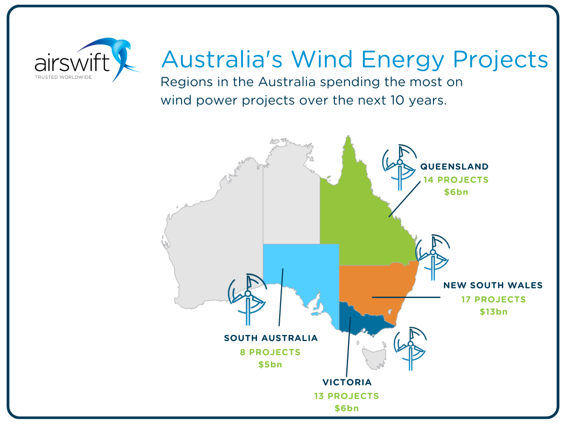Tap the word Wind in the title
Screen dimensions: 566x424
click(322, 59)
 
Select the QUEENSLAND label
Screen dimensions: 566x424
click(454, 167)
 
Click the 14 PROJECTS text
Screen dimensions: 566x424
click(456, 179)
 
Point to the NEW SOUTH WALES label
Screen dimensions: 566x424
click(493, 285)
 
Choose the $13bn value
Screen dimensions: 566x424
click(493, 312)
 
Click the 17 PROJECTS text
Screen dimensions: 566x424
click(493, 300)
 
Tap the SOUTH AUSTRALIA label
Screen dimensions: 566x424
click(271, 338)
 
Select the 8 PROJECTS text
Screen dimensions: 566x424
click(270, 352)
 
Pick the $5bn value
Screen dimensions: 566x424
click(270, 365)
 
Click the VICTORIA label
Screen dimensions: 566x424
click(347, 382)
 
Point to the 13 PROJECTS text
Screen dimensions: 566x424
click(347, 396)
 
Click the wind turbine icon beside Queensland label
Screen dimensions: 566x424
click(400, 167)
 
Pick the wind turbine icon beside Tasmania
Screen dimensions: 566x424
click(410, 349)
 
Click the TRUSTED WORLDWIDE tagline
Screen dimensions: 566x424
click(63, 77)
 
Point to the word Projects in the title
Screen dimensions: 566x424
click(500, 60)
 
